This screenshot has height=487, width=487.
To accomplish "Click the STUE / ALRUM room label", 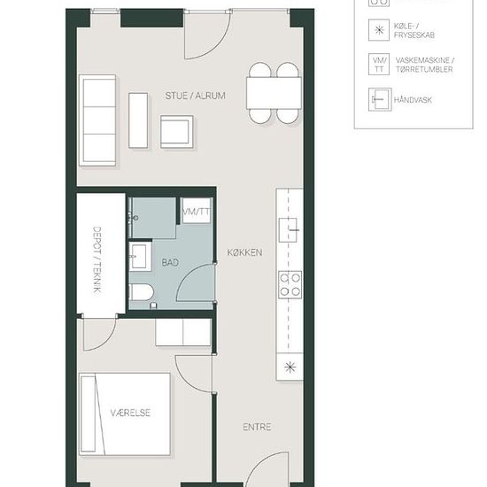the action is pyautogui.click(x=195, y=96).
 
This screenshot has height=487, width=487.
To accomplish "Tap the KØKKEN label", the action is pyautogui.click(x=244, y=252).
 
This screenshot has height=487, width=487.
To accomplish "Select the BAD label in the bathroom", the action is pyautogui.click(x=170, y=262).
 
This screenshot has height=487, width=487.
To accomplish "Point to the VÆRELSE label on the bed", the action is pyautogui.click(x=130, y=413).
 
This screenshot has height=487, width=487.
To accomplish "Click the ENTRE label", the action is pyautogui.click(x=257, y=427).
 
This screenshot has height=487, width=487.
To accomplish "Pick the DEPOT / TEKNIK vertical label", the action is pyautogui.click(x=97, y=259).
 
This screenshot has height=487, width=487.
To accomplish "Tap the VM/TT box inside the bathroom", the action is pyautogui.click(x=196, y=211).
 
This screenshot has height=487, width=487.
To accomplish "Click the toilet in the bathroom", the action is pyautogui.click(x=142, y=292).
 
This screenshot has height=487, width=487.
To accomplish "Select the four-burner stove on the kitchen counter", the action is pyautogui.click(x=290, y=284).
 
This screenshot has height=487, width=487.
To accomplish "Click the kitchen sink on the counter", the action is pyautogui.click(x=288, y=230).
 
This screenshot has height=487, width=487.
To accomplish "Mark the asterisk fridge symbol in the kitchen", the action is pyautogui.click(x=290, y=367).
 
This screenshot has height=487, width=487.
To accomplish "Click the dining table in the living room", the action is pyautogui.click(x=274, y=93).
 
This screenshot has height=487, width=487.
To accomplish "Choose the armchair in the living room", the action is pyautogui.click(x=177, y=132).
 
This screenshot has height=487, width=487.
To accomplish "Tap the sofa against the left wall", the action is pyautogui.click(x=97, y=120).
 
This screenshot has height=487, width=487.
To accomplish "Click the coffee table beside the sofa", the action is pyautogui.click(x=138, y=120).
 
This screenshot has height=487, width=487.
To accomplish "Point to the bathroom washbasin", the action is pyautogui.click(x=138, y=257).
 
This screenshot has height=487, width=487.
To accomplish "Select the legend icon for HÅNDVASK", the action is pyautogui.click(x=380, y=99).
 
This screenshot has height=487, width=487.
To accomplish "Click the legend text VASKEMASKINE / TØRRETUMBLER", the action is pyautogui.click(x=424, y=65).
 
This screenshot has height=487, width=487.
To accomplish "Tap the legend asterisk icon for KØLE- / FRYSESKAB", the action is pyautogui.click(x=379, y=30).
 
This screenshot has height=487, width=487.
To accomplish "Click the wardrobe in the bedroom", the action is pyautogui.click(x=183, y=332).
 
